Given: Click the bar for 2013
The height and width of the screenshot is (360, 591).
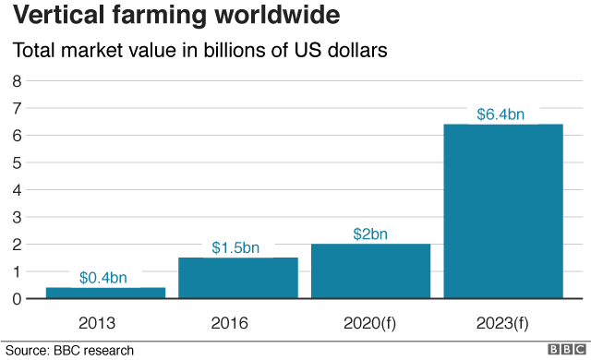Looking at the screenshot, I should [x=105, y=293].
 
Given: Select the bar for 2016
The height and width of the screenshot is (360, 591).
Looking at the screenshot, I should [x=238, y=278].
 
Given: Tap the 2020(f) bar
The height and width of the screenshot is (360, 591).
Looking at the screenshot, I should [x=370, y=271].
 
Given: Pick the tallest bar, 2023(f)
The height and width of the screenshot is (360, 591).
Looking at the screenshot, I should [x=503, y=211].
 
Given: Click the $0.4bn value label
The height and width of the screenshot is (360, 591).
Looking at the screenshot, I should [x=103, y=277].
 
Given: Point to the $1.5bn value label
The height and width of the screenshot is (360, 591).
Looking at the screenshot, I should [x=236, y=247].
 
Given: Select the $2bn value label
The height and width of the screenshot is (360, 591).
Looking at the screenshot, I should [x=370, y=234].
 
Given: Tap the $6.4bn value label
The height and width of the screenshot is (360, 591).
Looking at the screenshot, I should [x=501, y=114].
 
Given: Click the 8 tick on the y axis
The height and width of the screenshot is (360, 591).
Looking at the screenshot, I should [x=16, y=81].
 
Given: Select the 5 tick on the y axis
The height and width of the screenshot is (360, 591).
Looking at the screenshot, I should [x=16, y=162].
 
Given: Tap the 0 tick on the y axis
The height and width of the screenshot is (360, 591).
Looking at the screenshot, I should [x=16, y=299].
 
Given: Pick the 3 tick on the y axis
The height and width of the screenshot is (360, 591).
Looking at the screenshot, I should [x=16, y=217].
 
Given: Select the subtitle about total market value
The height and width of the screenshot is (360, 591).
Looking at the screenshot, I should [x=198, y=51].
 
